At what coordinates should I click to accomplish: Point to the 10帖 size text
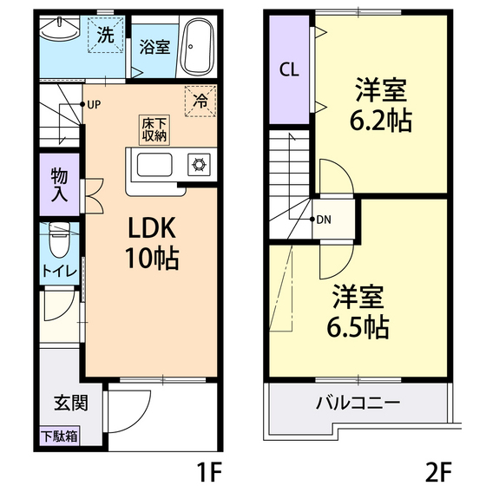point(153,259)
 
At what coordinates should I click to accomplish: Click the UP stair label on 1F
point(94,105)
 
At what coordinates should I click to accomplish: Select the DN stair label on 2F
point(323,219)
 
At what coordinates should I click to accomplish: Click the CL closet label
point(289,70)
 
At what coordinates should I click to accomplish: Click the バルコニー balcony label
point(357,404)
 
